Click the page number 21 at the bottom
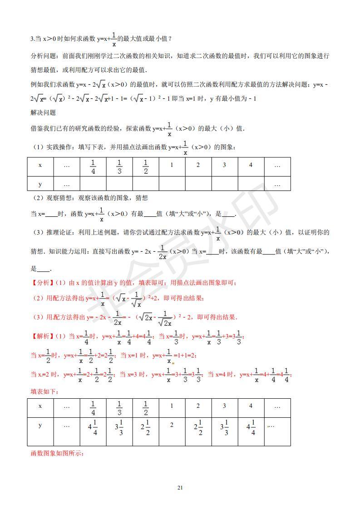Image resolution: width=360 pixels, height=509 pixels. click(x=180, y=488)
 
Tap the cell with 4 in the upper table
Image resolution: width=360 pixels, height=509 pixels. click(x=251, y=165)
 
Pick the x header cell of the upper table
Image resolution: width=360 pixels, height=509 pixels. click(x=40, y=165)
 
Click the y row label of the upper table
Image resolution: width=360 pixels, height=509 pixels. click(x=40, y=184)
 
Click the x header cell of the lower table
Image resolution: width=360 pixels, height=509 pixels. click(x=40, y=406)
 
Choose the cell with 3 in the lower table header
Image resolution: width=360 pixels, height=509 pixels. click(x=224, y=406)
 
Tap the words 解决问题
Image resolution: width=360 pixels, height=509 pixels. click(x=43, y=112)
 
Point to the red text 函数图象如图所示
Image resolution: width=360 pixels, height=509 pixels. click(x=57, y=454)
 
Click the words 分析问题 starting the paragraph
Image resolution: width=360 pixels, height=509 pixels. click(x=43, y=56)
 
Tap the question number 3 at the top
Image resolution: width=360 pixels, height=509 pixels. click(x=32, y=39)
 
